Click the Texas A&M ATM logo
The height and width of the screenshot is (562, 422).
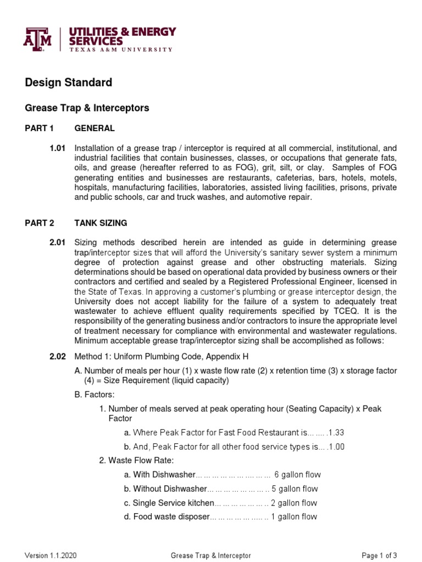[x=37, y=39]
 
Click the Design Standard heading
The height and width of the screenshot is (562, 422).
[x=69, y=82]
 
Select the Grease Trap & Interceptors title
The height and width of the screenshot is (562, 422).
[x=87, y=108]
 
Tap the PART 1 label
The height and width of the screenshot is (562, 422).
[x=40, y=128]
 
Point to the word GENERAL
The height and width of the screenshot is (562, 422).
[x=95, y=128]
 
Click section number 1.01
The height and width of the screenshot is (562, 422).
[x=57, y=149]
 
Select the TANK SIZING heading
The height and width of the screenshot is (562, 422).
[x=101, y=223]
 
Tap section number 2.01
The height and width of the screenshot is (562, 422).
[x=57, y=243]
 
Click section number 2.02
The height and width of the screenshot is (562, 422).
[x=57, y=357]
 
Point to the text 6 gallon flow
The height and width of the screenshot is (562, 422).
[x=297, y=475]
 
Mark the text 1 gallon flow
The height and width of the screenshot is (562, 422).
[x=294, y=517]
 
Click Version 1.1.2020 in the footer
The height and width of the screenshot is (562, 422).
[x=51, y=555]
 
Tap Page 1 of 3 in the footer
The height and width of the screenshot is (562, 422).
[x=379, y=555]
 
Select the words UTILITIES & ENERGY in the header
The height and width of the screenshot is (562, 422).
[x=122, y=31]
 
